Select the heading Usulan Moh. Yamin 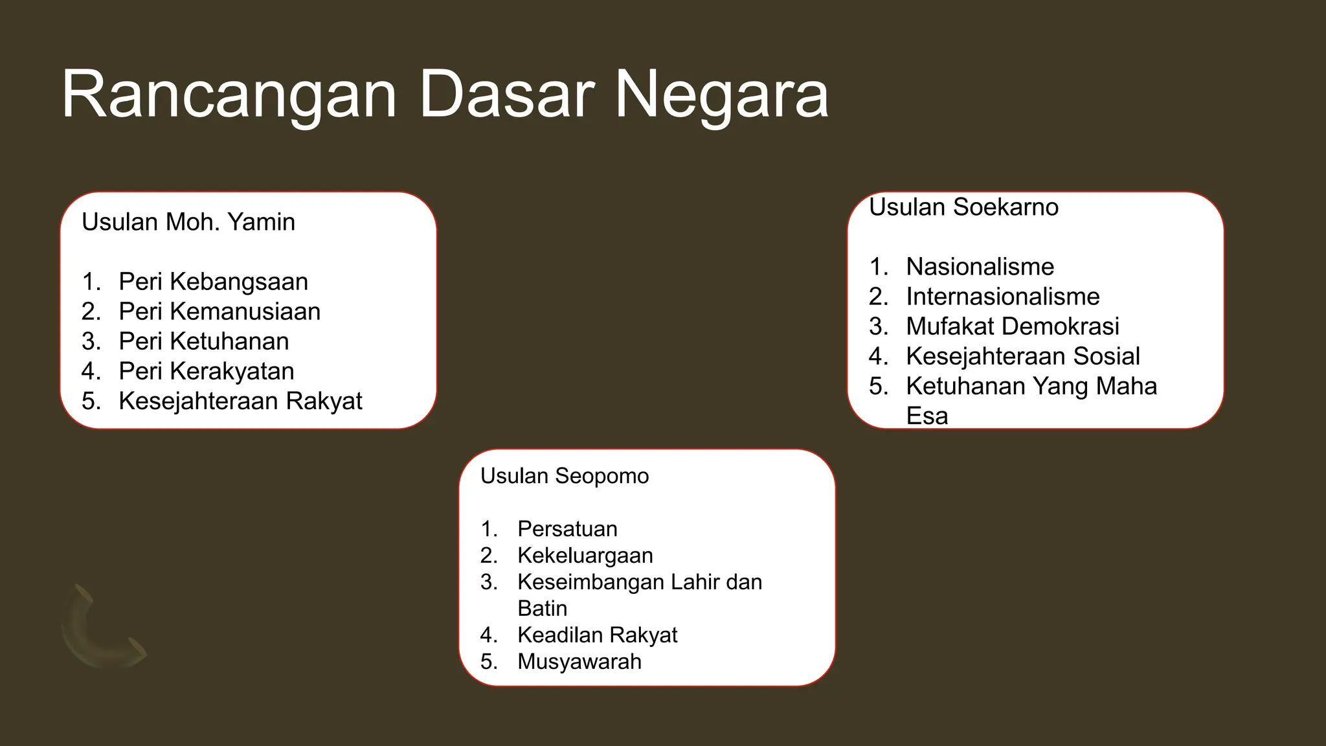(188, 222)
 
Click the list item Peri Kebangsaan (213, 282)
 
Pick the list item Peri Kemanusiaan (219, 311)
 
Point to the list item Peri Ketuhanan (204, 341)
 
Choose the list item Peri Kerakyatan (207, 371)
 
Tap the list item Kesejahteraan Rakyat (240, 401)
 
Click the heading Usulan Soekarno (963, 207)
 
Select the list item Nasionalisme (980, 267)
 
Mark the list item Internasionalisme (1002, 297)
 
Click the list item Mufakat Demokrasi (1012, 326)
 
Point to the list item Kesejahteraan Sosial (1022, 356)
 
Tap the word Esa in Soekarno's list (927, 416)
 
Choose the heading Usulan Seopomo (564, 476)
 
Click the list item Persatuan (567, 529)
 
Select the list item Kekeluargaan (585, 556)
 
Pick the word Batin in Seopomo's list (542, 609)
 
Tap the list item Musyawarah (579, 662)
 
